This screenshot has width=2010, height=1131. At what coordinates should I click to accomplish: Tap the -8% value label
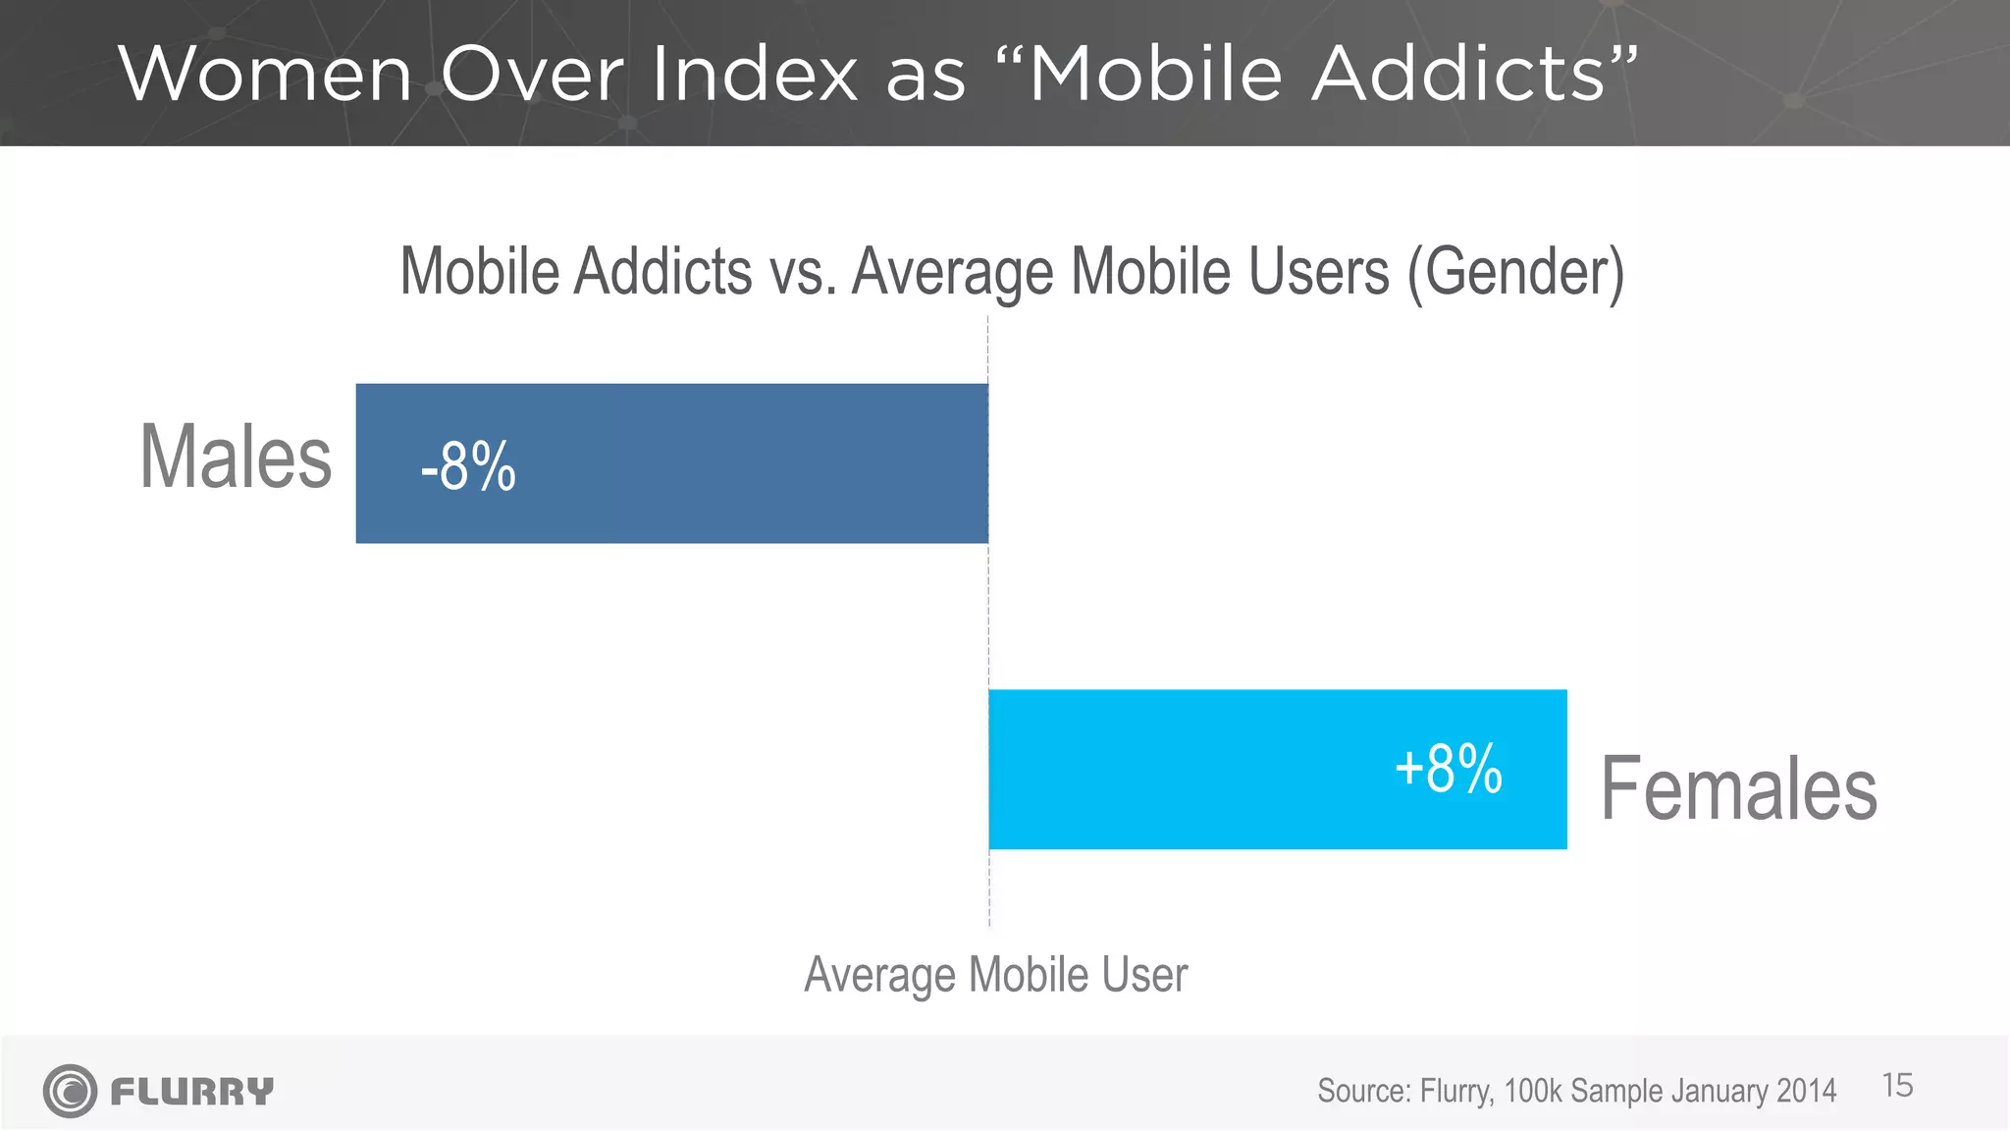point(468,466)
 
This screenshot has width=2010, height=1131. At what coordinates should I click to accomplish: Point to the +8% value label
point(1449,768)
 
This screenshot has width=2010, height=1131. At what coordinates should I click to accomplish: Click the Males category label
point(237,457)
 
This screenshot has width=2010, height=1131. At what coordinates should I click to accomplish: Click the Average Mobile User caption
point(995,975)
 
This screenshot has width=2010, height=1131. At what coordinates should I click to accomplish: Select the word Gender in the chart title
point(1515,272)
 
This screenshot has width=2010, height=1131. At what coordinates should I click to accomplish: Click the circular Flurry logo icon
point(70,1091)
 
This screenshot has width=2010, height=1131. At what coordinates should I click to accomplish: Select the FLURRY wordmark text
point(192,1092)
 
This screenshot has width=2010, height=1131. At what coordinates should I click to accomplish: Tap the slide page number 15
point(1897,1086)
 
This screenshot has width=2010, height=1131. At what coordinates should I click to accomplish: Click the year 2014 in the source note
point(1806,1091)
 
